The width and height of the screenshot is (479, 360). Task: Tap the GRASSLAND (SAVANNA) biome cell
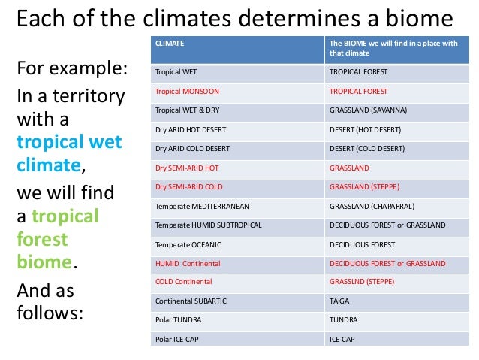pyautogui.click(x=368, y=110)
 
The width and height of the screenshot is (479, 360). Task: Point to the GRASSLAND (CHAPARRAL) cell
pyautogui.click(x=372, y=206)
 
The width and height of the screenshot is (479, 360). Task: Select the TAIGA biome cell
pyautogui.click(x=340, y=301)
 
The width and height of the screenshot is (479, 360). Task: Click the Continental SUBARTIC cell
pyautogui.click(x=190, y=301)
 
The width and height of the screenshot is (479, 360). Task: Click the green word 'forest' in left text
pyautogui.click(x=42, y=239)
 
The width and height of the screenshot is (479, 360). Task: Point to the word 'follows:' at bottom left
pyautogui.click(x=49, y=312)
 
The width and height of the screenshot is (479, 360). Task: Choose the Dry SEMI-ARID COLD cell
pyautogui.click(x=188, y=186)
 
